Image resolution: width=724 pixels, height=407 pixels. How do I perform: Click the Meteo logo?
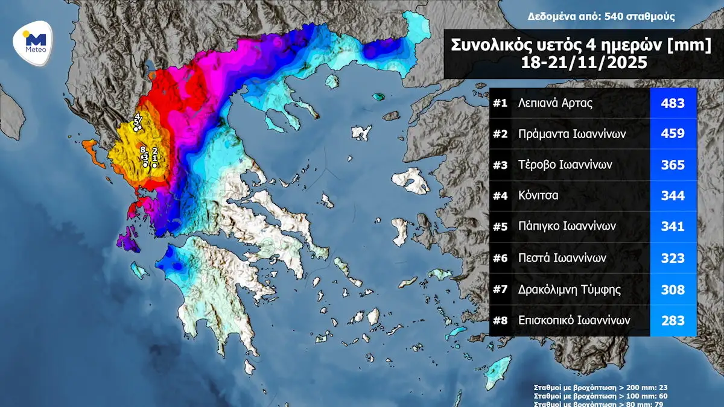pyautogui.click(x=34, y=42)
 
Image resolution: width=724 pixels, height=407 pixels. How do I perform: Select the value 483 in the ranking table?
pyautogui.click(x=673, y=103)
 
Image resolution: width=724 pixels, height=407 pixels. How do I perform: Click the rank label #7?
pyautogui.click(x=500, y=289)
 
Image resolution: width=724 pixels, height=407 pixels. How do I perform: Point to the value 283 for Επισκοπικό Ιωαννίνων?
pyautogui.click(x=673, y=320)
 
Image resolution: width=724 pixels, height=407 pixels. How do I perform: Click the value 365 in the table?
pyautogui.click(x=673, y=165)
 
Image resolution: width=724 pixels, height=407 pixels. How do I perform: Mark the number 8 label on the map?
pyautogui.click(x=143, y=149)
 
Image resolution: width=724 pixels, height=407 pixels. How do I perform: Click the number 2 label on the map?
pyautogui.click(x=155, y=150)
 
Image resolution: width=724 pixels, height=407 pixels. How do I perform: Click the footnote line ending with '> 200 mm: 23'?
pyautogui.click(x=600, y=387)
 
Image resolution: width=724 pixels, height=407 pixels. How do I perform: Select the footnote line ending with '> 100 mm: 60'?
pyautogui.click(x=600, y=396)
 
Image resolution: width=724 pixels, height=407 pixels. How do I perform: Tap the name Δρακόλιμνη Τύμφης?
pyautogui.click(x=570, y=289)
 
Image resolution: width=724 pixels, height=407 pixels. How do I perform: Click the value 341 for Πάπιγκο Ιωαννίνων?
pyautogui.click(x=673, y=227)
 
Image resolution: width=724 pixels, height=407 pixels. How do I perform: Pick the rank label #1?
pyautogui.click(x=500, y=103)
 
